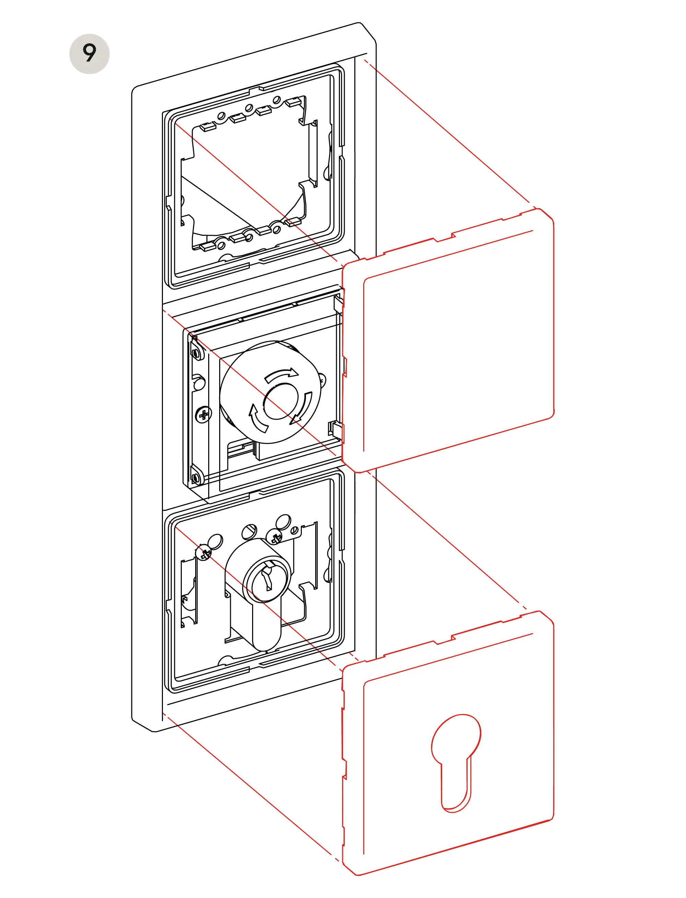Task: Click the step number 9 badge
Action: (89, 54)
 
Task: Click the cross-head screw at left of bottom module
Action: (206, 553)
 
